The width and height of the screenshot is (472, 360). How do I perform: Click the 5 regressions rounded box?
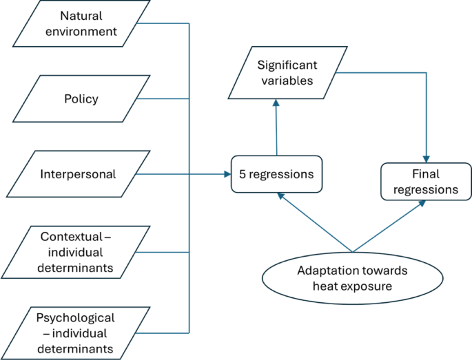pyautogui.click(x=276, y=174)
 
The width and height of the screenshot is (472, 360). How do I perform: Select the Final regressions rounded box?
pyautogui.click(x=426, y=182)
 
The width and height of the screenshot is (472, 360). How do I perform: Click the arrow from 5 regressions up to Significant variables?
pyautogui.click(x=276, y=127)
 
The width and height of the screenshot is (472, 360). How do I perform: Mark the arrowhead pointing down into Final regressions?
pyautogui.click(x=427, y=160)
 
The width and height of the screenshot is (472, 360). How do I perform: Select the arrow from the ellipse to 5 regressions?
pyautogui.click(x=314, y=222)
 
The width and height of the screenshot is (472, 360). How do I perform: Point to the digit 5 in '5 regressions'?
pyautogui.click(x=243, y=174)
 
